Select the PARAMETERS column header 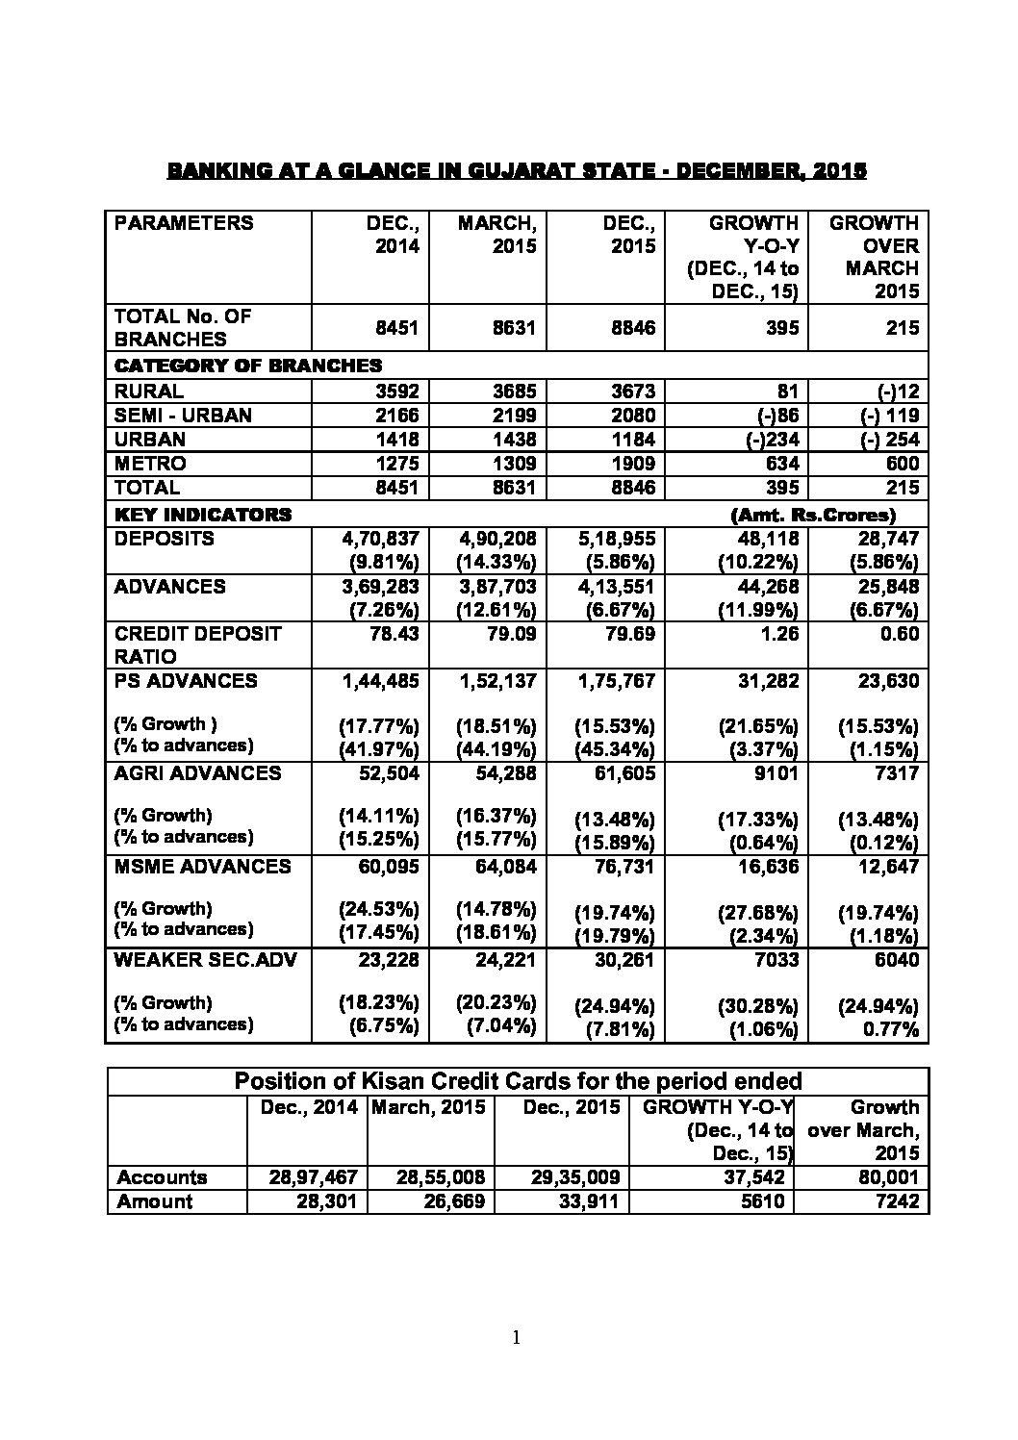coord(184,223)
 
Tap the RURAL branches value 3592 coord(396,392)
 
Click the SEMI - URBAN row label coord(183,416)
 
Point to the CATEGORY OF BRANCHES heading coord(247,366)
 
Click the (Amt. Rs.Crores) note coord(813,515)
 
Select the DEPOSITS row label coord(164,539)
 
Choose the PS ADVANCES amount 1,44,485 coord(380,681)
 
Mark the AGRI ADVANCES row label coord(197,773)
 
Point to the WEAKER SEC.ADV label coord(205,960)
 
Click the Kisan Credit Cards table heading coord(518,1081)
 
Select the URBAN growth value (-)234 coord(766,440)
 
